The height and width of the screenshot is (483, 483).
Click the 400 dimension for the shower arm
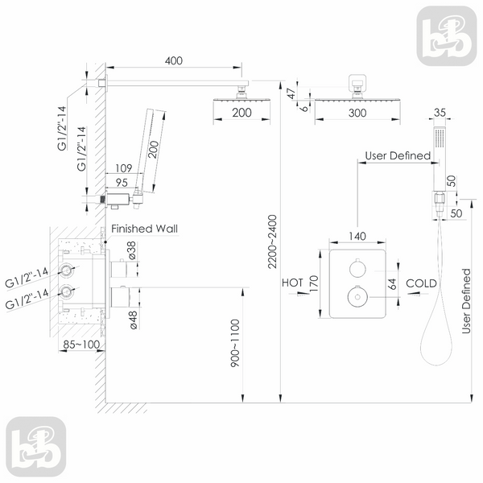pos(174,60)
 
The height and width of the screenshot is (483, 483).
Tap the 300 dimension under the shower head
pos(357,113)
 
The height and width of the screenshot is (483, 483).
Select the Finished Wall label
pos(144,229)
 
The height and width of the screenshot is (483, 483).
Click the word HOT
pos(292,283)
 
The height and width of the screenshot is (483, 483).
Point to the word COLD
pos(421,283)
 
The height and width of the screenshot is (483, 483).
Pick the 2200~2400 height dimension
pos(272,242)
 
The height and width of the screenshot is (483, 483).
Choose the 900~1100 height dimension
pos(235,343)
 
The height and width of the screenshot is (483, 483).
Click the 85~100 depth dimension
pos(81,345)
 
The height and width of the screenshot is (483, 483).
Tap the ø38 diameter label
pos(131,250)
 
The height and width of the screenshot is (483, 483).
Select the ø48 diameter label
pos(133,320)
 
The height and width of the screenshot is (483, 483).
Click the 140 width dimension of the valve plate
pos(357,236)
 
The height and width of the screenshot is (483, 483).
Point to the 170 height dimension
pos(313,284)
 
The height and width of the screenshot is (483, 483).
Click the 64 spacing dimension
pos(392,283)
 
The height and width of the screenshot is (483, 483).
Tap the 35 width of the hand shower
pos(440,113)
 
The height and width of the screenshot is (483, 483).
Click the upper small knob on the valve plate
pos(357,268)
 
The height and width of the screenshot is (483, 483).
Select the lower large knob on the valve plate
pos(357,297)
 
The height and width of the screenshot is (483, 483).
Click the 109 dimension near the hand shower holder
pos(123,168)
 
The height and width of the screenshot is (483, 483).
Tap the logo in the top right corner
pos(447,36)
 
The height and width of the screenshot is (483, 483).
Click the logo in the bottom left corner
pos(36,447)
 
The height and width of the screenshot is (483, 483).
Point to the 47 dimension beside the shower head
pos(291,93)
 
